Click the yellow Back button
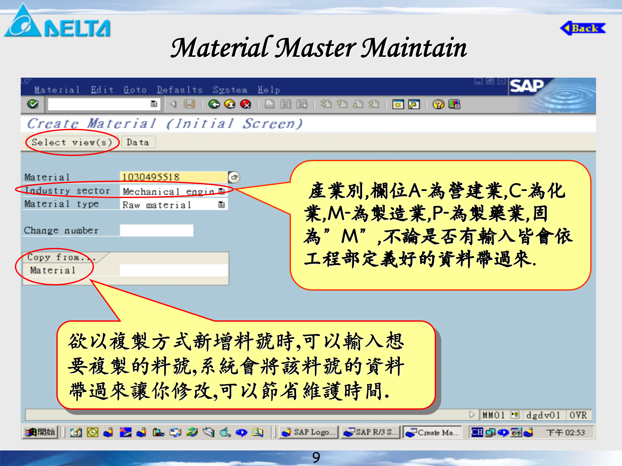coord(583,28)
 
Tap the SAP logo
coord(527,86)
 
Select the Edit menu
coord(102,90)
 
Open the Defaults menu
coord(179,90)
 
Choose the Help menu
coord(269,90)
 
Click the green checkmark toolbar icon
coord(33,104)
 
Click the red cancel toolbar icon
coord(246,104)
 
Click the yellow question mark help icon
coord(438,104)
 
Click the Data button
coord(138,142)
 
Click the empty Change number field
coord(156,230)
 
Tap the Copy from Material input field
coord(174,270)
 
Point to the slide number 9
coord(316,457)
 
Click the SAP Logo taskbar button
coord(309,432)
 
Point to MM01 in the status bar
coord(493,415)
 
